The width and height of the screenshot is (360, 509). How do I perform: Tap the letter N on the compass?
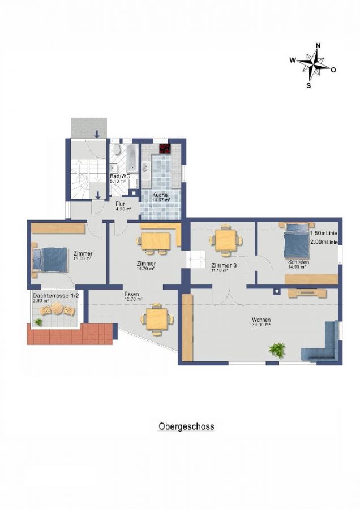point(318,46)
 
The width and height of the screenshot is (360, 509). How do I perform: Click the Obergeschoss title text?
point(186,426)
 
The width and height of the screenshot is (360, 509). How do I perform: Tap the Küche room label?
point(160,195)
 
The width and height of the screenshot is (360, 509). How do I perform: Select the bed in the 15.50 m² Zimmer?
point(50,259)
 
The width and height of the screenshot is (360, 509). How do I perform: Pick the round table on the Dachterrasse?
point(58,309)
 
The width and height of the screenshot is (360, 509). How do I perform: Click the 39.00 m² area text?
point(261,325)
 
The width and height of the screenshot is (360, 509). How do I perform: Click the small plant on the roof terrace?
point(38,322)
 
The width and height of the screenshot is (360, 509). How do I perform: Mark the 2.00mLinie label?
point(324,241)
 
